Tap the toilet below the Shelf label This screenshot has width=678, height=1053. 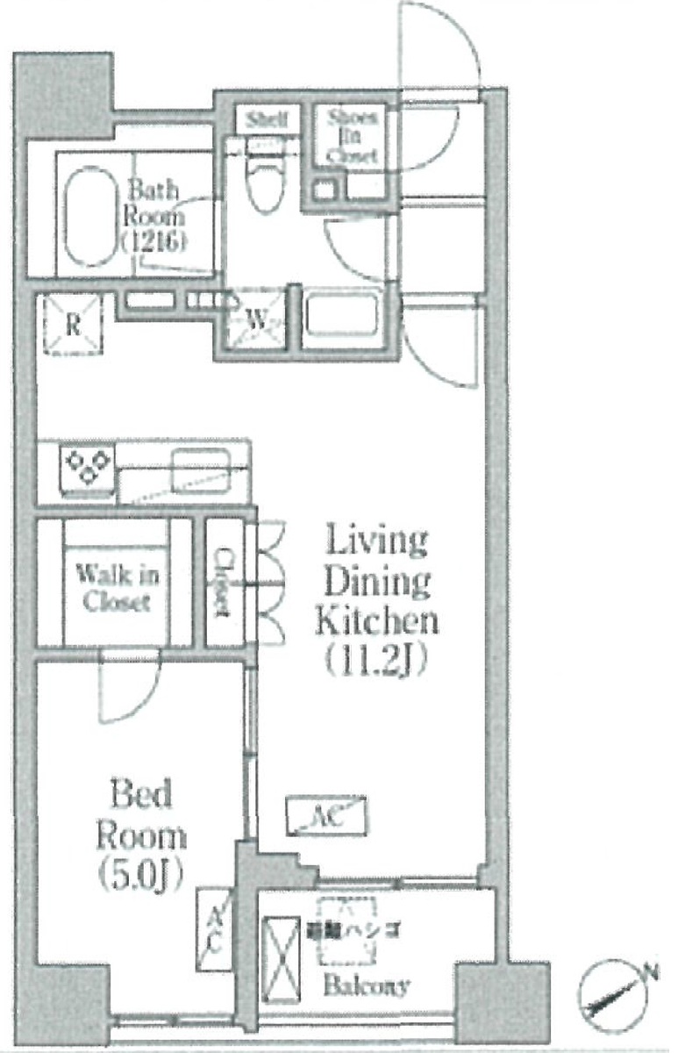(262, 183)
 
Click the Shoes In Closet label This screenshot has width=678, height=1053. (353, 137)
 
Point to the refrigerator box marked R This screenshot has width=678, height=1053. (72, 325)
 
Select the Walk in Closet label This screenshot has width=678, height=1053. (117, 588)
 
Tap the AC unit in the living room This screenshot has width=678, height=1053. (327, 817)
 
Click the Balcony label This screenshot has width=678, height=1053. (367, 985)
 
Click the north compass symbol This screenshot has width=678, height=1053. (617, 996)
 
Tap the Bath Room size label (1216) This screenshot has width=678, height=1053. (153, 240)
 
